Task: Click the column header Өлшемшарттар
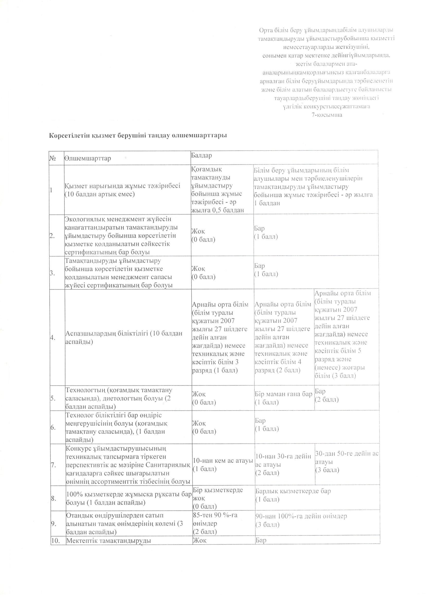(x=87, y=158)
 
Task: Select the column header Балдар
(x=202, y=155)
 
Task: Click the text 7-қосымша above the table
(x=327, y=115)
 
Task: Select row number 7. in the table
(x=53, y=465)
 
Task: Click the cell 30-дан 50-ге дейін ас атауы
(x=347, y=461)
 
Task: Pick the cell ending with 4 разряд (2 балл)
(x=283, y=337)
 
